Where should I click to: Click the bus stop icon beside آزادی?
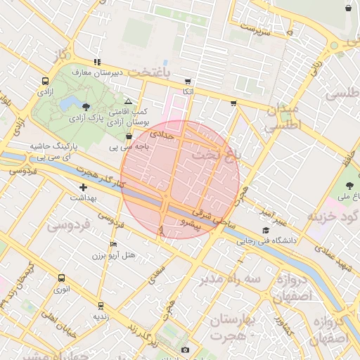tap(45, 81)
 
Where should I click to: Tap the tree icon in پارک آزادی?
tap(86, 107)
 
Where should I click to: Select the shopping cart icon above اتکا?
tap(187, 81)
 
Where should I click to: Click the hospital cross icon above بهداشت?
tap(84, 187)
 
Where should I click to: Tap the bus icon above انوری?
tap(62, 278)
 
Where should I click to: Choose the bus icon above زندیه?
tap(101, 306)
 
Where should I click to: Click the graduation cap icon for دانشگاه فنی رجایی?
tap(266, 230)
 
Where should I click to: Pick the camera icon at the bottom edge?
tap(185, 349)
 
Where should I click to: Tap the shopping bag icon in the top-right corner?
tap(349, 8)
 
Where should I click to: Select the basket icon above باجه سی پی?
tap(128, 136)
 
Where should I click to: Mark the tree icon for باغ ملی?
tap(350, 186)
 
